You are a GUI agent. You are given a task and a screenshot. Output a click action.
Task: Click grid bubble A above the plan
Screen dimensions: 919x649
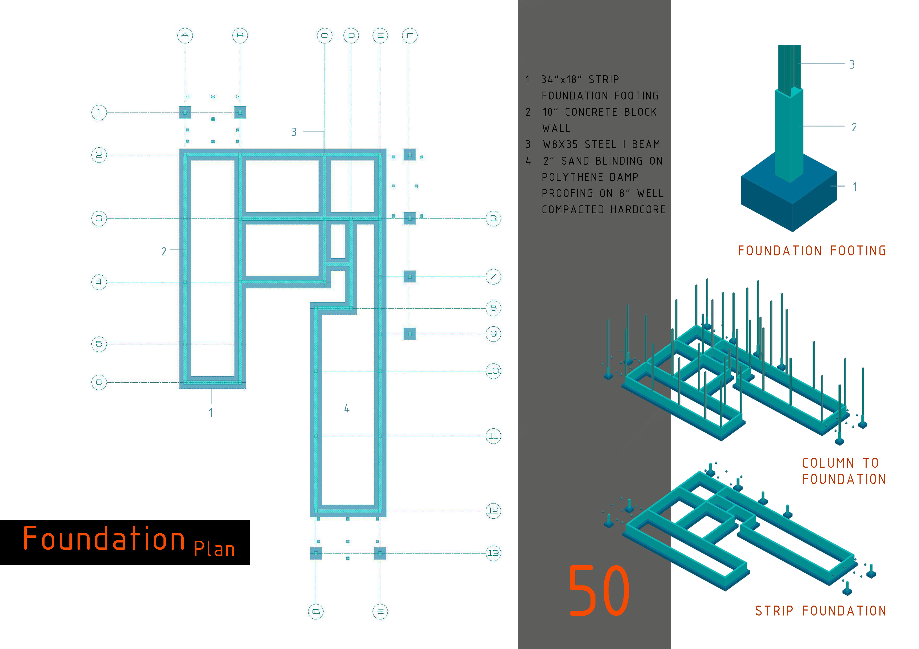click(185, 36)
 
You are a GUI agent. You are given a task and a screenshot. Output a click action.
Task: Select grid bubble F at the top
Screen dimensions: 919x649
click(409, 36)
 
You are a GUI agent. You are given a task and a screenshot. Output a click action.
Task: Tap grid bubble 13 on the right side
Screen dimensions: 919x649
click(493, 553)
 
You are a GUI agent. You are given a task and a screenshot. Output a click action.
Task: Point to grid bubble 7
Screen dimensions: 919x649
click(493, 277)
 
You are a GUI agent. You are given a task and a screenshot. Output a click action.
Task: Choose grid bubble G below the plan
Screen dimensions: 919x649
click(316, 611)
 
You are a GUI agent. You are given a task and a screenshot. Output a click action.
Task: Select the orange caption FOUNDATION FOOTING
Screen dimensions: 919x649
click(812, 251)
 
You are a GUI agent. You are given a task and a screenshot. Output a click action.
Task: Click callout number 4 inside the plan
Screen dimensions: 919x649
click(347, 408)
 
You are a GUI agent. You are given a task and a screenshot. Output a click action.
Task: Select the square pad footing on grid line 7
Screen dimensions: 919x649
click(409, 277)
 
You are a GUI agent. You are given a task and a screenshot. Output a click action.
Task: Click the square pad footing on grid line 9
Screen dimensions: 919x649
click(409, 334)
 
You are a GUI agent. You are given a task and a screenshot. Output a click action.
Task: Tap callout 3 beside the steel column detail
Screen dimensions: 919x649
click(852, 64)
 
